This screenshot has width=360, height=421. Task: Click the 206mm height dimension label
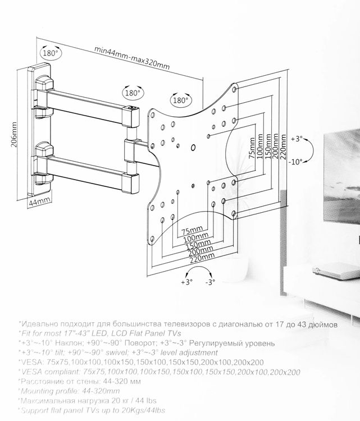(x=14, y=135)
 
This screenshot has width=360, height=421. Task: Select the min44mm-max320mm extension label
(x=132, y=58)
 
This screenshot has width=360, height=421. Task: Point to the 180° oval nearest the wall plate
(x=51, y=53)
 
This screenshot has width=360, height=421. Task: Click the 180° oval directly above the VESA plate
(x=181, y=100)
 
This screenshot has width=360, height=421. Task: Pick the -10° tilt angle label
(x=295, y=162)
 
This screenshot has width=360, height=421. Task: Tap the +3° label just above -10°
(x=297, y=139)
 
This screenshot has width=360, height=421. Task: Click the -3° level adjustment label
(x=210, y=282)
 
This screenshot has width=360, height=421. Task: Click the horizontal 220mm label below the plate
(x=202, y=258)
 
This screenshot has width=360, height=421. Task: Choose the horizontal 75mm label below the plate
(x=192, y=230)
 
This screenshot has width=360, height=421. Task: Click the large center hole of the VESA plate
(x=193, y=148)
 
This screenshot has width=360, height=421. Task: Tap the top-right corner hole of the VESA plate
(x=234, y=89)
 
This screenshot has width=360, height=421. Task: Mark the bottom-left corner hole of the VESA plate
(x=152, y=239)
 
